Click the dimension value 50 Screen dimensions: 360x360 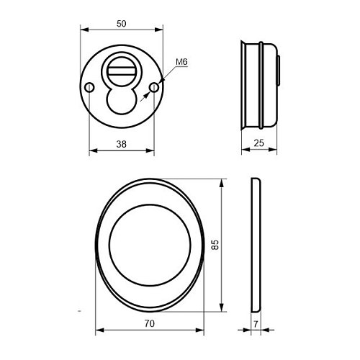121,24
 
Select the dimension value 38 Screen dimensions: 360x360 121,144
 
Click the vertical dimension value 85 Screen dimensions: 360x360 215,246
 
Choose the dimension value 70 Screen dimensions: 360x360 149,325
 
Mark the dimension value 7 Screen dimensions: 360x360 257,325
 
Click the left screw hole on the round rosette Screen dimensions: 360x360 89,87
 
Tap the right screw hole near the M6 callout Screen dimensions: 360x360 153,87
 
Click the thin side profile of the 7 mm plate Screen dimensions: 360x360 255,246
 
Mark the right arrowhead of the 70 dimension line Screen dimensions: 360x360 202,332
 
